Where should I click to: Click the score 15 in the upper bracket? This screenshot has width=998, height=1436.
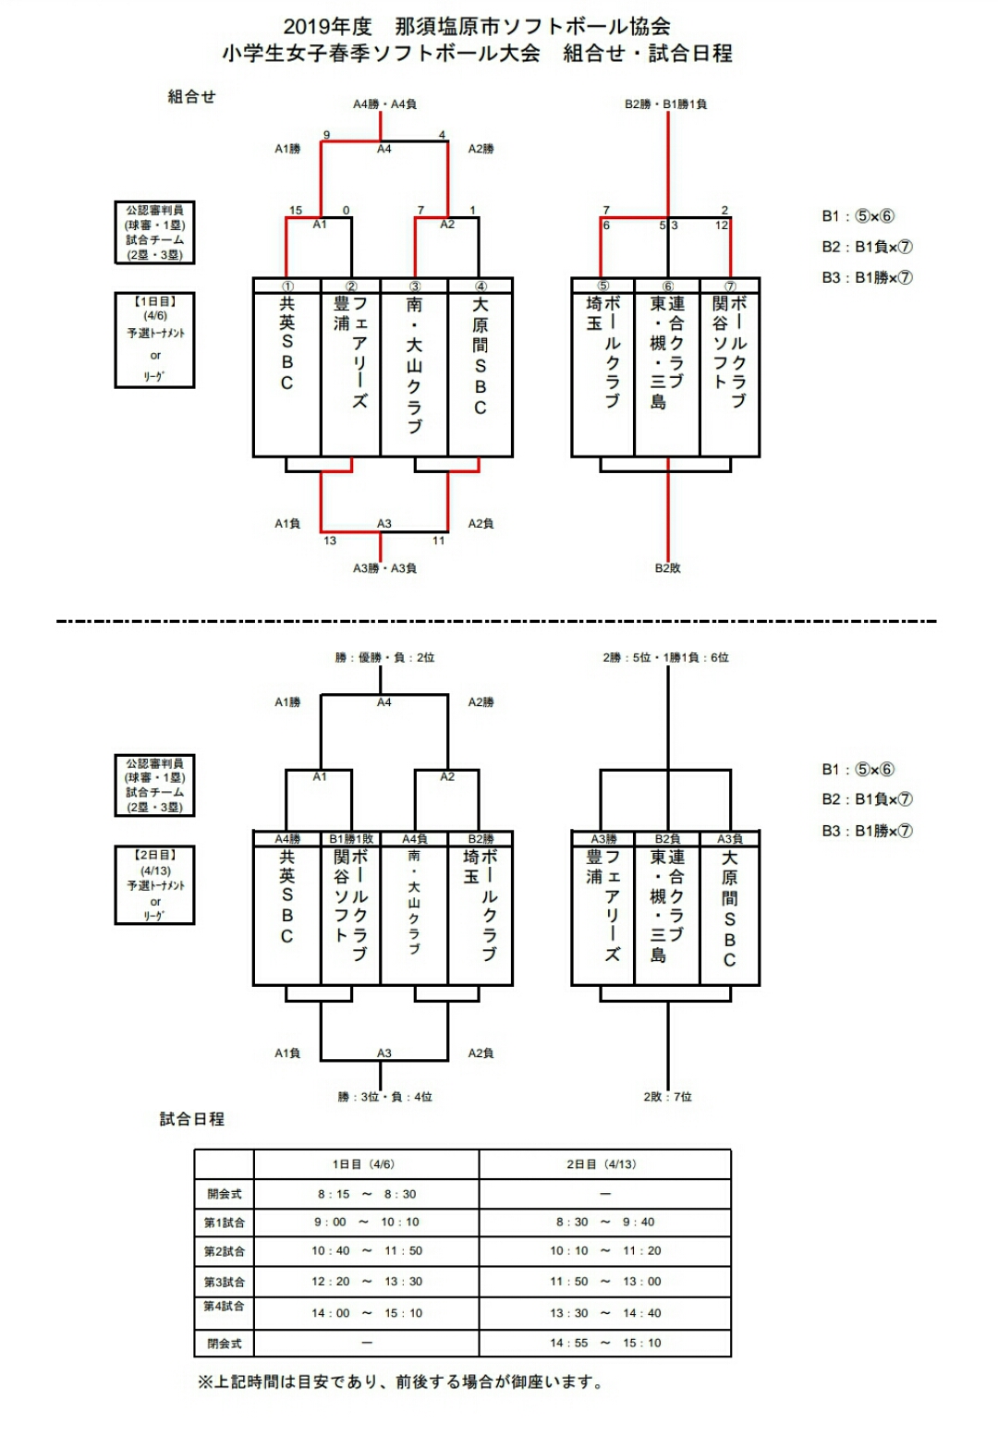pyautogui.click(x=296, y=210)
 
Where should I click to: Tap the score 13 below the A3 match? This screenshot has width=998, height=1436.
pyautogui.click(x=330, y=541)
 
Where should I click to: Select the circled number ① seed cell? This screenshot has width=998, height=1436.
pyautogui.click(x=287, y=286)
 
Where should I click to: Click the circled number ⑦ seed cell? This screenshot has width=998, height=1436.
pyautogui.click(x=730, y=286)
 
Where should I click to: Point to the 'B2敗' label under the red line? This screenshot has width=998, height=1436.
pyautogui.click(x=667, y=568)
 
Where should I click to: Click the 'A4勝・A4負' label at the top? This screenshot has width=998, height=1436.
pyautogui.click(x=384, y=104)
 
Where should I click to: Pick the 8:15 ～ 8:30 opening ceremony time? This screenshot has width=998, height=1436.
pyautogui.click(x=367, y=1194)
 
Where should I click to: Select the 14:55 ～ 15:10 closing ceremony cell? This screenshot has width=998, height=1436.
pyautogui.click(x=605, y=1343)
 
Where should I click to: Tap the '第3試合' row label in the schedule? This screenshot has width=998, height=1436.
pyautogui.click(x=225, y=1282)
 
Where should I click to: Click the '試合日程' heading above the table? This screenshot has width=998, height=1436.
pyautogui.click(x=192, y=1119)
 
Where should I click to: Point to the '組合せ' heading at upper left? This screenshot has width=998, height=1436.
pyautogui.click(x=191, y=97)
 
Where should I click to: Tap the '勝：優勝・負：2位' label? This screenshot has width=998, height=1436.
pyautogui.click(x=384, y=658)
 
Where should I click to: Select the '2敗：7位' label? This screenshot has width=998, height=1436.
pyautogui.click(x=667, y=1097)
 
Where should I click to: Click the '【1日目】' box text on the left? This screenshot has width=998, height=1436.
pyautogui.click(x=154, y=301)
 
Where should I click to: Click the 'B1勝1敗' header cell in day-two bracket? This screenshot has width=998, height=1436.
pyautogui.click(x=351, y=839)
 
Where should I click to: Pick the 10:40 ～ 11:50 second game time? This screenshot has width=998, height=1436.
pyautogui.click(x=367, y=1250)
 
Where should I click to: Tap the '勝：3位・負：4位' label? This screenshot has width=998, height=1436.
pyautogui.click(x=384, y=1097)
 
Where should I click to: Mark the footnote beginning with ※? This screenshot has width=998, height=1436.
pyautogui.click(x=402, y=1382)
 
